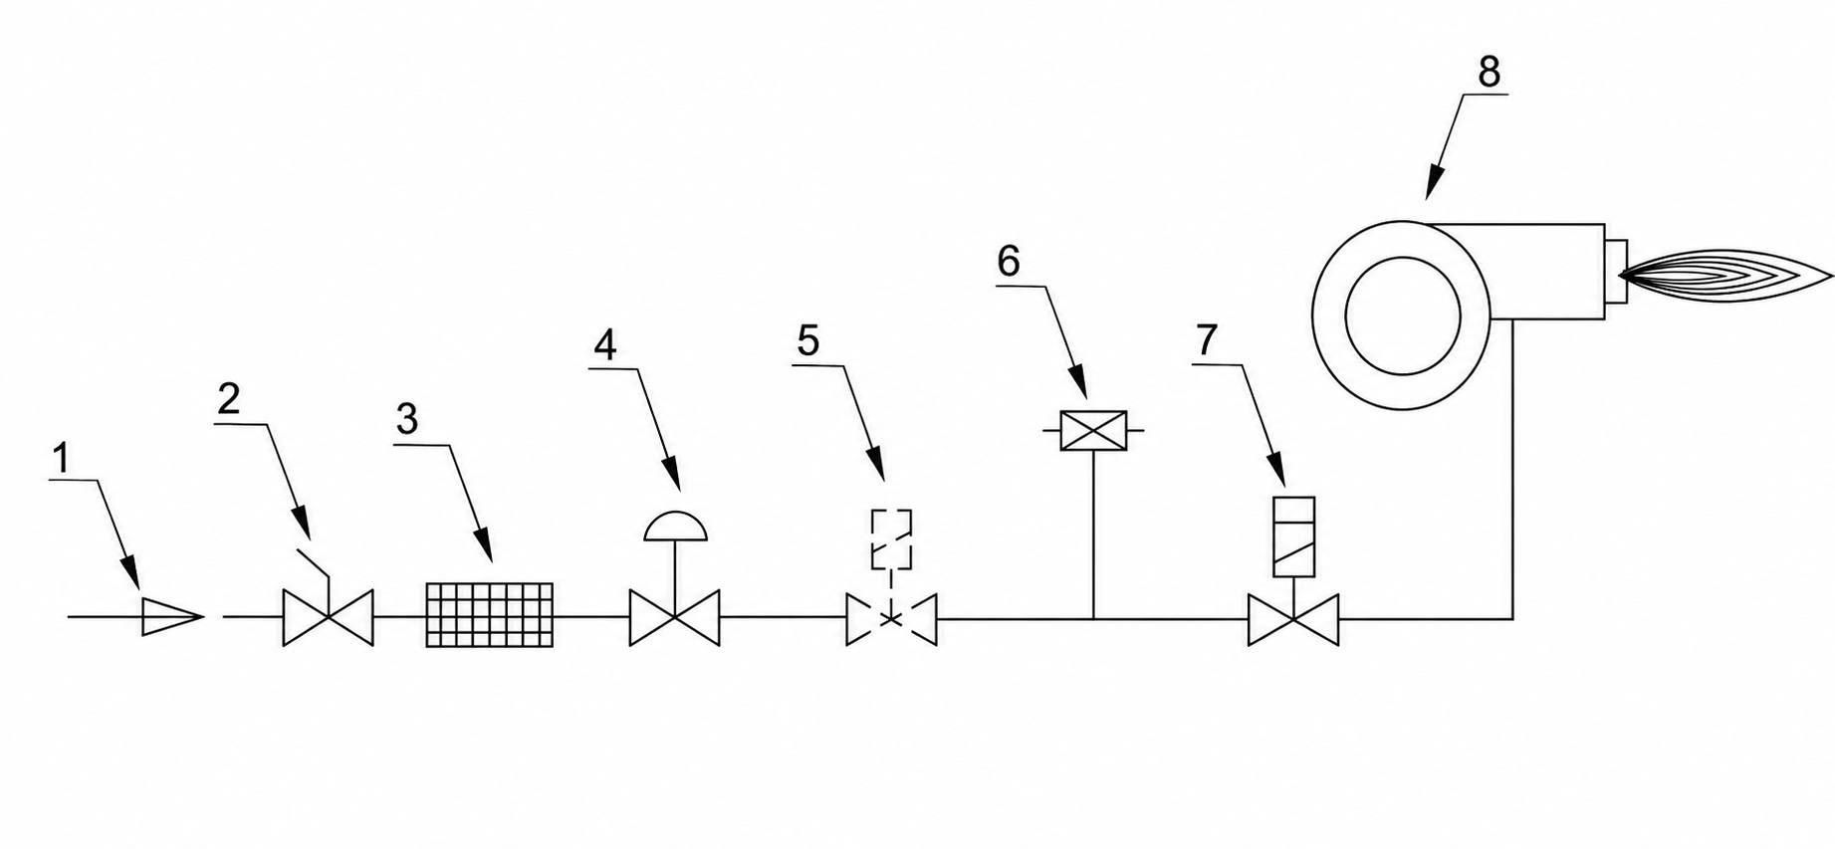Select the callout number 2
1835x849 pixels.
[229, 399]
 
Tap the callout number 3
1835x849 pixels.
[406, 419]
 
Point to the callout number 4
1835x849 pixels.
[605, 345]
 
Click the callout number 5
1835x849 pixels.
[807, 340]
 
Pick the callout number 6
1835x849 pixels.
[1009, 261]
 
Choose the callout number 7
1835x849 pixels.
[1206, 340]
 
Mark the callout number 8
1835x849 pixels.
[1490, 72]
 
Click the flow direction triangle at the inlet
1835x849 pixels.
[172, 617]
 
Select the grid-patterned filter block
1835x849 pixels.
[490, 615]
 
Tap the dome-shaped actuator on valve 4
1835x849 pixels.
[676, 527]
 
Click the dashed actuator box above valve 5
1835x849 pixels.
[891, 539]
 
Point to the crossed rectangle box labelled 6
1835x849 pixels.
[1093, 430]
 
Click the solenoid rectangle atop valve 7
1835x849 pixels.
[1294, 536]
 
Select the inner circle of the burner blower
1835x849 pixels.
[1403, 316]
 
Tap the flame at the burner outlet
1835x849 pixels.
[1726, 276]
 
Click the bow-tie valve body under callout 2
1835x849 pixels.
[329, 617]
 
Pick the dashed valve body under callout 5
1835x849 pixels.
[892, 619]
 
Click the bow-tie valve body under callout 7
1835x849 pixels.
[1293, 619]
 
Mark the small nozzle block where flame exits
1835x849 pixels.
[1615, 272]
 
